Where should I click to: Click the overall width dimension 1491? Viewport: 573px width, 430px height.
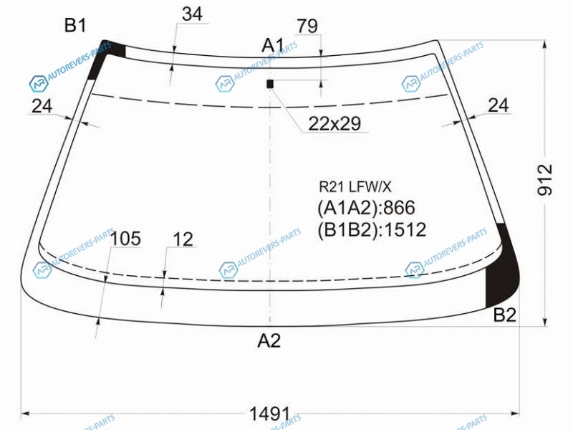pos(270,414)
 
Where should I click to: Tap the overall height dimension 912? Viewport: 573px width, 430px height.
pos(545,180)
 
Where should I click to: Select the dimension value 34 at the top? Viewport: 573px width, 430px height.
pos(192,14)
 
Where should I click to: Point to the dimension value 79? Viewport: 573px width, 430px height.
pos(307,27)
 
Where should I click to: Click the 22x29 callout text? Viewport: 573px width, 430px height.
pos(334,123)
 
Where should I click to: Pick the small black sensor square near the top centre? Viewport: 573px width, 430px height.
pos(270,84)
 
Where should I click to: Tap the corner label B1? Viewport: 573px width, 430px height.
pos(75,26)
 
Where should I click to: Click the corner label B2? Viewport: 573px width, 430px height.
pos(505,315)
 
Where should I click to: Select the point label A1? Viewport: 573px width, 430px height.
pos(273,46)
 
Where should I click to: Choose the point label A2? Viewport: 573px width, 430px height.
pos(269,341)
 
